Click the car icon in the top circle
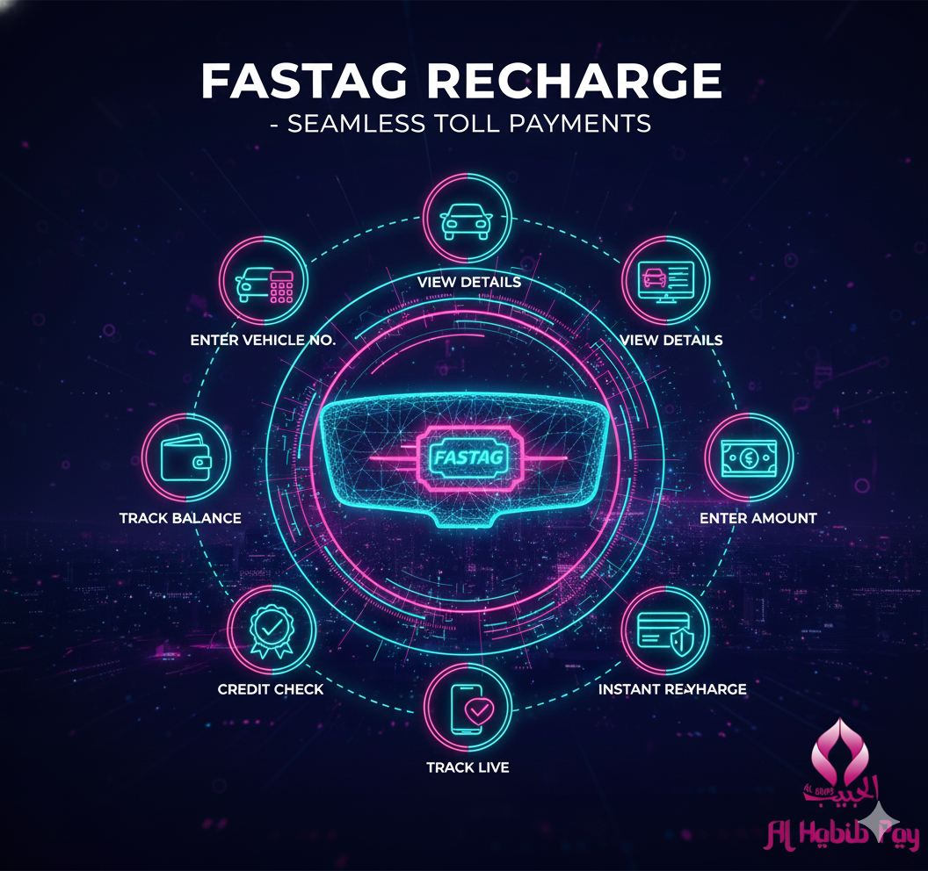468,218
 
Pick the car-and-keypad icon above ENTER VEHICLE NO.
263,284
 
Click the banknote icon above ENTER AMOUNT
749,457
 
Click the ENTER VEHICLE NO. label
263,340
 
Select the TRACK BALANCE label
180,518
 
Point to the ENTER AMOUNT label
758,518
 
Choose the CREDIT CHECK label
271,689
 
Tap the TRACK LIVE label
468,767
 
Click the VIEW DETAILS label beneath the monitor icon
671,340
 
